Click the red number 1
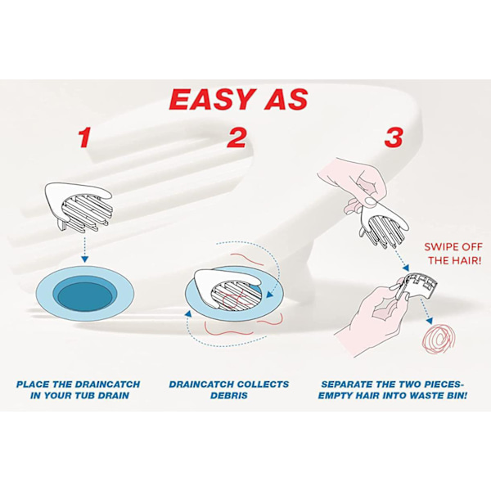tap(84, 137)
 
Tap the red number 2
tap(236, 137)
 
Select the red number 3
tap(394, 137)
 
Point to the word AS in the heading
tap(286, 99)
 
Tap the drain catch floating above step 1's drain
tap(79, 205)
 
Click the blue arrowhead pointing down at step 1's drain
tap(84, 259)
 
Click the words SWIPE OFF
tap(453, 247)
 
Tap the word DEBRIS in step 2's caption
tap(229, 395)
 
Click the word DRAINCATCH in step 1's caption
tap(107, 385)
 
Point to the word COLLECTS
tap(263, 385)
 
